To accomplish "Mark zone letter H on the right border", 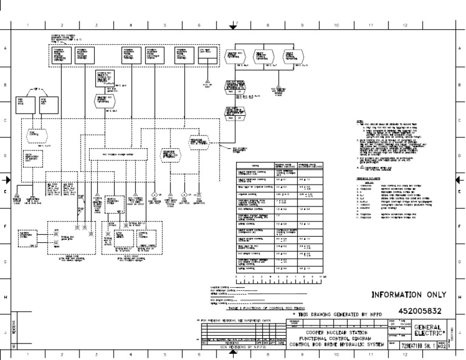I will [x=460, y=296].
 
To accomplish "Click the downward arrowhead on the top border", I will [x=232, y=26].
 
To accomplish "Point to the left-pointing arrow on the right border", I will [x=459, y=180].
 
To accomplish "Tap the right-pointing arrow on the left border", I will [x=7, y=180].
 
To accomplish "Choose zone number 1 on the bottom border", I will [x=28, y=355].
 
